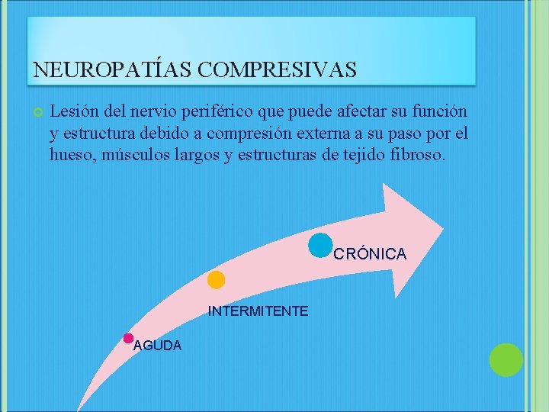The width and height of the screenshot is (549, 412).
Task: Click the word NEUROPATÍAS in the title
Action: tap(112, 70)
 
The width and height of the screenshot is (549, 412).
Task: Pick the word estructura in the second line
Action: tap(103, 134)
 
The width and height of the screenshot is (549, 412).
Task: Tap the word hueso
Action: tap(69, 155)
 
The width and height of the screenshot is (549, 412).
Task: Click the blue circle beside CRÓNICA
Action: tap(321, 245)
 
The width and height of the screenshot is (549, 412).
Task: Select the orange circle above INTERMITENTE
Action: tap(216, 280)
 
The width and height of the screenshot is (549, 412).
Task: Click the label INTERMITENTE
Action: tap(258, 311)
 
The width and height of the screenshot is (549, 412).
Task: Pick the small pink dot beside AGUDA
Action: tap(128, 338)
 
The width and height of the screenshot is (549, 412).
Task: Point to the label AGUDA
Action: tap(157, 346)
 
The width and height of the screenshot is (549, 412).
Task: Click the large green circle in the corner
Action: tap(506, 360)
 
